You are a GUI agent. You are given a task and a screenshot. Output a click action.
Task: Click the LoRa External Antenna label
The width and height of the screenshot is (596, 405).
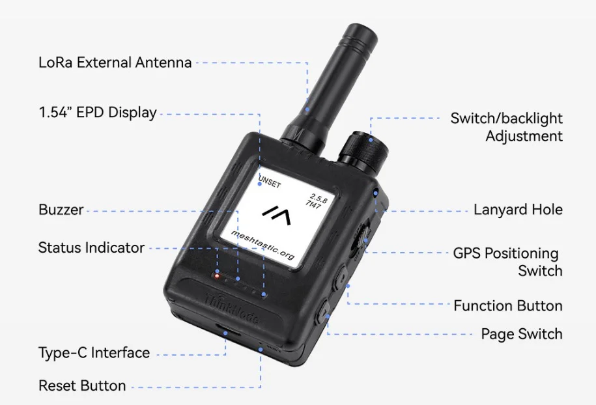click(x=115, y=63)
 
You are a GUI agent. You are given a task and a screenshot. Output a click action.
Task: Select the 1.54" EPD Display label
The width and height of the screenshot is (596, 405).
click(x=98, y=112)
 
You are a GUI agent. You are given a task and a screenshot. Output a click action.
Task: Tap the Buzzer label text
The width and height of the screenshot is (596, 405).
click(x=61, y=210)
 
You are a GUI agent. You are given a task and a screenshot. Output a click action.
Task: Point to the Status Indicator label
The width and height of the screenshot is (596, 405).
click(x=91, y=247)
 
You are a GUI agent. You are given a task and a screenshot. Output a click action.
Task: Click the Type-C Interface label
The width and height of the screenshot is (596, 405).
click(x=94, y=353)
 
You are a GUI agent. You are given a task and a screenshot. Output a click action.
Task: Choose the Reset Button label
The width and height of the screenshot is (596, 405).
click(x=82, y=385)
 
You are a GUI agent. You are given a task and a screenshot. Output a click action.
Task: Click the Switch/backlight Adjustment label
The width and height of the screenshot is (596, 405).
click(x=506, y=127)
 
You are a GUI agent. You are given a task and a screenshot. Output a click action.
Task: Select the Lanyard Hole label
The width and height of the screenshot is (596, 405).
click(x=518, y=210)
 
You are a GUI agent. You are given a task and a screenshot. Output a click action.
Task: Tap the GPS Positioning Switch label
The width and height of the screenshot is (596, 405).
click(x=507, y=262)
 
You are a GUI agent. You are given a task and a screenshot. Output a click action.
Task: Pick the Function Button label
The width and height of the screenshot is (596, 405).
click(x=507, y=305)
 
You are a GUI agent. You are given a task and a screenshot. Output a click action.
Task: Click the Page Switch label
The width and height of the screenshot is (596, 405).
click(x=521, y=334)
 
